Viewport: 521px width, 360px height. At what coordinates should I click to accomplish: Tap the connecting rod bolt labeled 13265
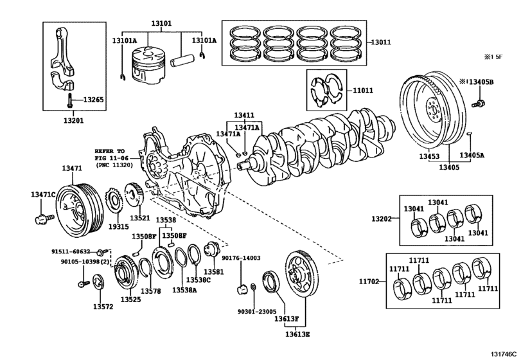click(67, 100)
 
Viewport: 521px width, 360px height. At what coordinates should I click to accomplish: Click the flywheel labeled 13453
click(428, 113)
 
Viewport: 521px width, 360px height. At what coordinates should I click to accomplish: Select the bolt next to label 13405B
click(478, 102)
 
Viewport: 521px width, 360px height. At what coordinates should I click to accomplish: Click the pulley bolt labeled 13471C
click(44, 219)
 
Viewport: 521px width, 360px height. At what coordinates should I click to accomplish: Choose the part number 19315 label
click(116, 227)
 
